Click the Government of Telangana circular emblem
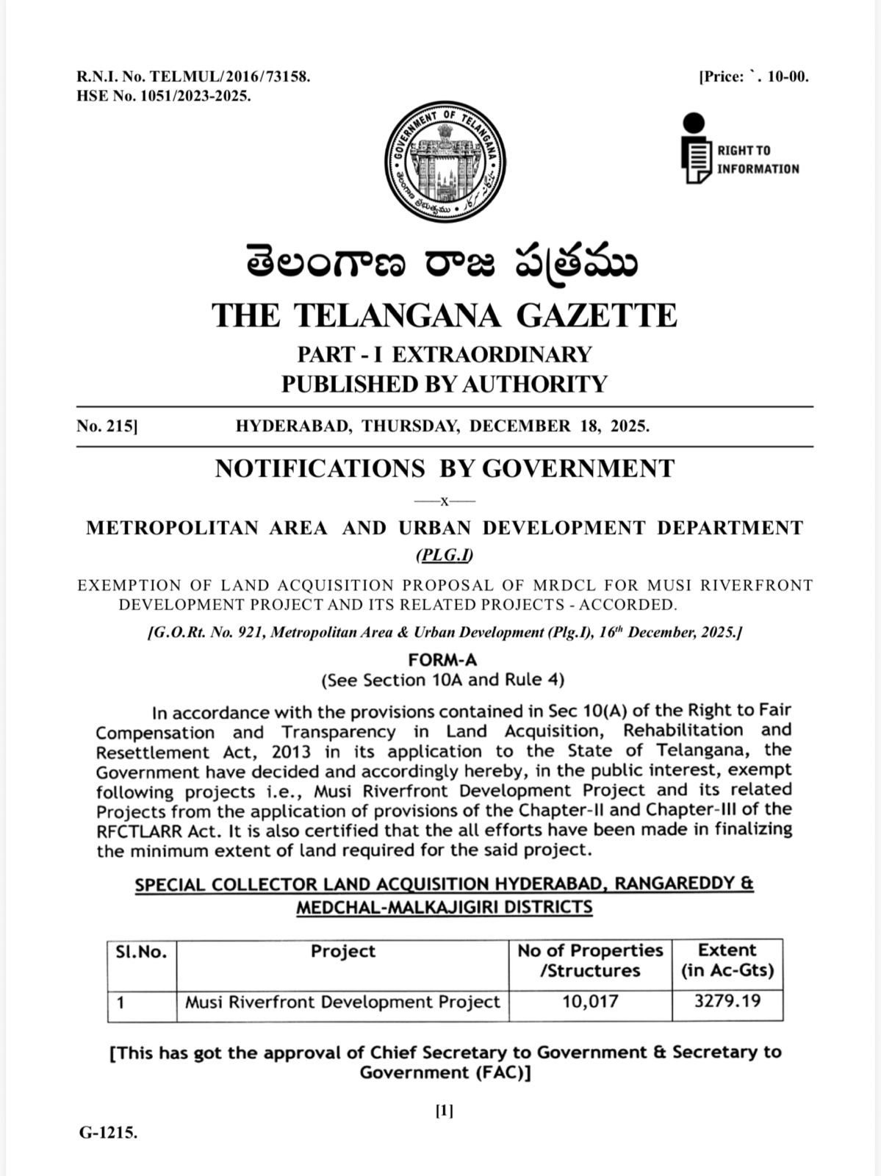point(445,162)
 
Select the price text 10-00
point(787,76)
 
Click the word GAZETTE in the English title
point(596,315)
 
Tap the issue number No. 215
point(107,426)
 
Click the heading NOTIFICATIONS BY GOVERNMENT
point(444,468)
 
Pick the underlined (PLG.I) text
point(445,555)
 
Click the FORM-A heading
point(442,659)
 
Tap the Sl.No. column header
point(141,953)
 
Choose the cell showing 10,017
point(590,1002)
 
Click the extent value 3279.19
point(727,1001)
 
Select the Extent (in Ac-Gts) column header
point(727,960)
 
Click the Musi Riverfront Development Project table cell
point(342,1002)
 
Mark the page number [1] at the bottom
point(445,1111)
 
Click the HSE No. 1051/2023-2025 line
point(163,96)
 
